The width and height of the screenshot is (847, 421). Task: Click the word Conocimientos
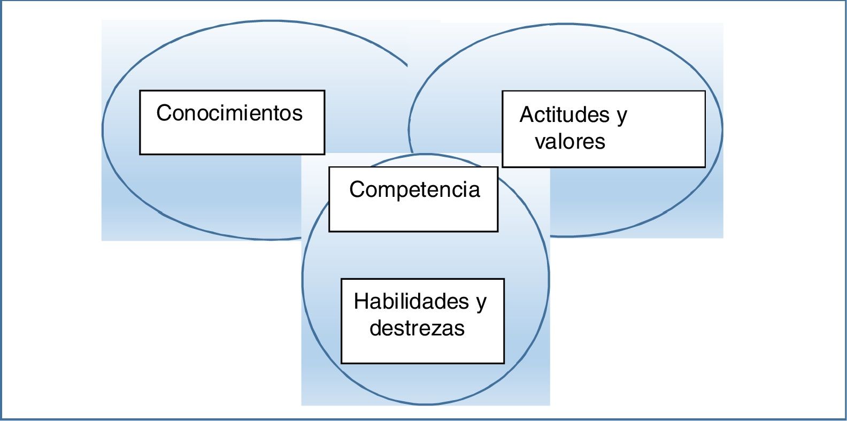(x=229, y=113)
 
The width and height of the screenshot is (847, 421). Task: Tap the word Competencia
(x=414, y=189)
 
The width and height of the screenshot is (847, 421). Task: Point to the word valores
(x=570, y=142)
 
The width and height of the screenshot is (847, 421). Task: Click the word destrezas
(x=417, y=328)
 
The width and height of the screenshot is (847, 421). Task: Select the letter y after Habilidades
(x=481, y=303)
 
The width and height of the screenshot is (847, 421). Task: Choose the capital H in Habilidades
(x=361, y=302)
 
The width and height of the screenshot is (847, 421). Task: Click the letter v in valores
(x=540, y=142)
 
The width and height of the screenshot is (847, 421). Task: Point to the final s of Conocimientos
(x=298, y=113)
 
